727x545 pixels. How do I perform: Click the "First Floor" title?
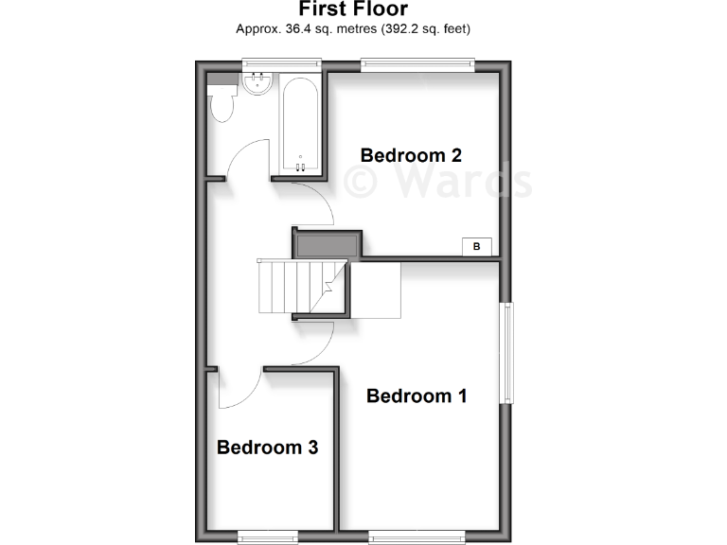[x=353, y=9]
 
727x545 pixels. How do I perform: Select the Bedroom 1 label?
[x=417, y=396]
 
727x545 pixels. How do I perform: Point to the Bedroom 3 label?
[x=267, y=448]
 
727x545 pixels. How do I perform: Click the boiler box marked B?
[x=476, y=247]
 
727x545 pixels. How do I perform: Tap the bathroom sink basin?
[x=256, y=84]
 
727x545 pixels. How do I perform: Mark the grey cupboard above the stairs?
[x=326, y=243]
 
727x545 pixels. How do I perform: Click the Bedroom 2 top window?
[x=417, y=63]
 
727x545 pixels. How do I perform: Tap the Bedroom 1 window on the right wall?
[x=509, y=353]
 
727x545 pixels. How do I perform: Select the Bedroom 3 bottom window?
[x=267, y=537]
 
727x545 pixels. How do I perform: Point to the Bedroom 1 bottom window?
[x=417, y=537]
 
